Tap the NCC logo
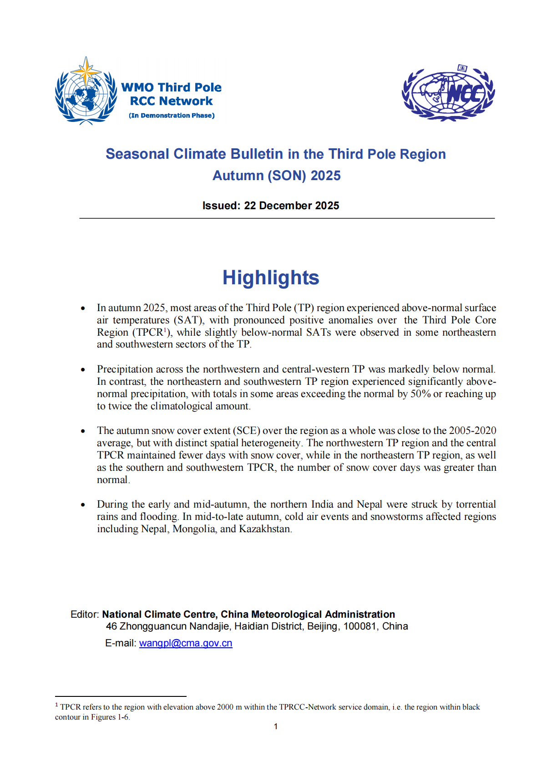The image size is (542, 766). (448, 93)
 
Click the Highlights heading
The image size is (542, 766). (271, 277)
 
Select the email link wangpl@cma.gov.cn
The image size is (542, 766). (186, 643)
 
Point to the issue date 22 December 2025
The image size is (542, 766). (292, 206)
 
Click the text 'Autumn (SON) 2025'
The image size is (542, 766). (276, 176)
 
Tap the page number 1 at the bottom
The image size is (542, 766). (276, 726)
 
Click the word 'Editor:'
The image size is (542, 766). (85, 615)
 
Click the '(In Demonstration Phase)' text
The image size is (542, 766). (172, 116)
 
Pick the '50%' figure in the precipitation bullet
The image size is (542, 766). (420, 394)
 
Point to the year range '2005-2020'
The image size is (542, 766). (472, 431)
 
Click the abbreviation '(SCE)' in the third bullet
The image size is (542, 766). (248, 431)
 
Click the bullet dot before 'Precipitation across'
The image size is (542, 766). (83, 369)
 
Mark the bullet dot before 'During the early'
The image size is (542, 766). (83, 504)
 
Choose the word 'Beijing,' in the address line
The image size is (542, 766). (324, 626)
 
